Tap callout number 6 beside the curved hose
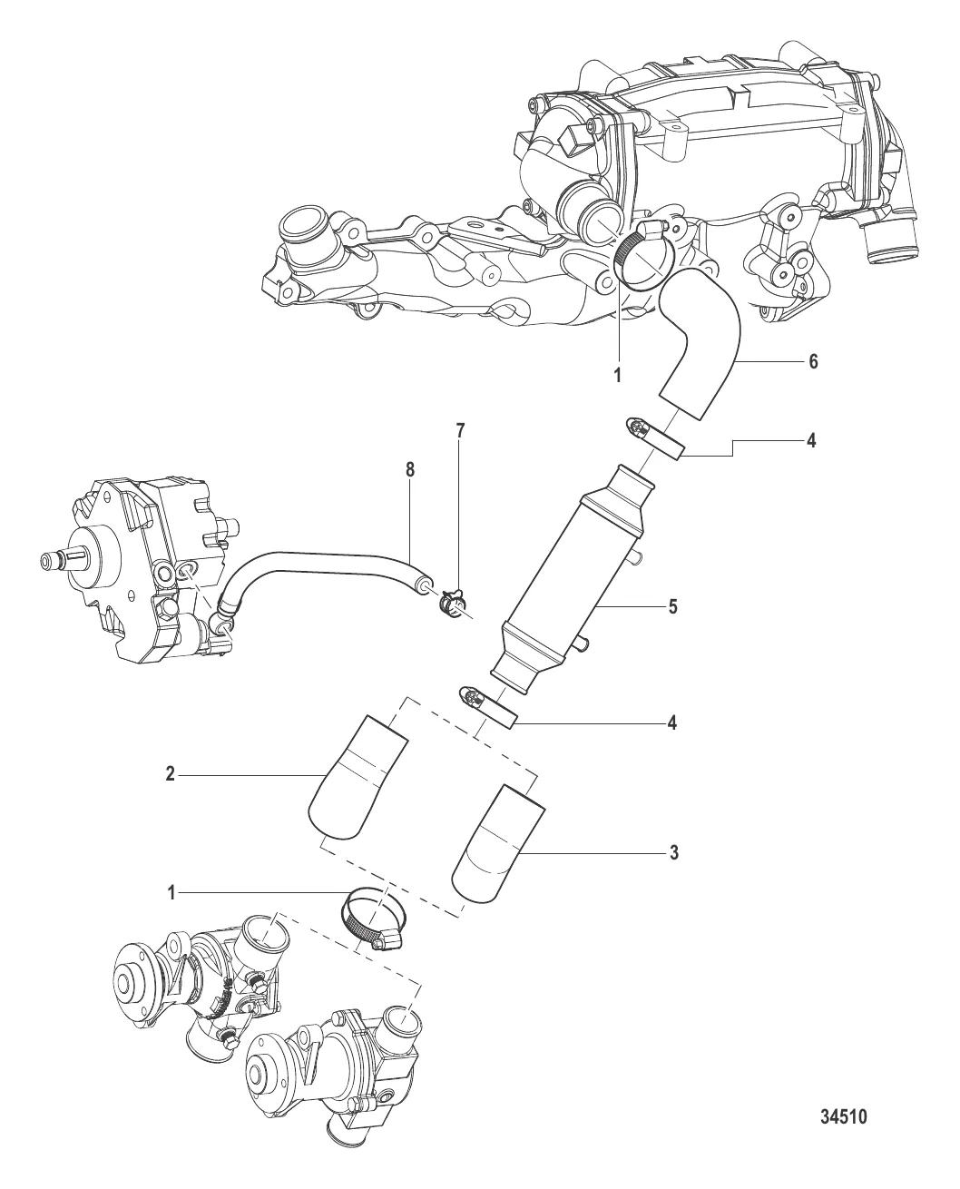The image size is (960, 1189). pos(813,361)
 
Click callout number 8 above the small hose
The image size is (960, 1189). pos(410,470)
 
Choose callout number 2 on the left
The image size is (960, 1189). pos(171,773)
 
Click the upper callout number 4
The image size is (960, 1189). pos(811,440)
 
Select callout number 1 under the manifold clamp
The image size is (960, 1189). pos(617,376)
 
